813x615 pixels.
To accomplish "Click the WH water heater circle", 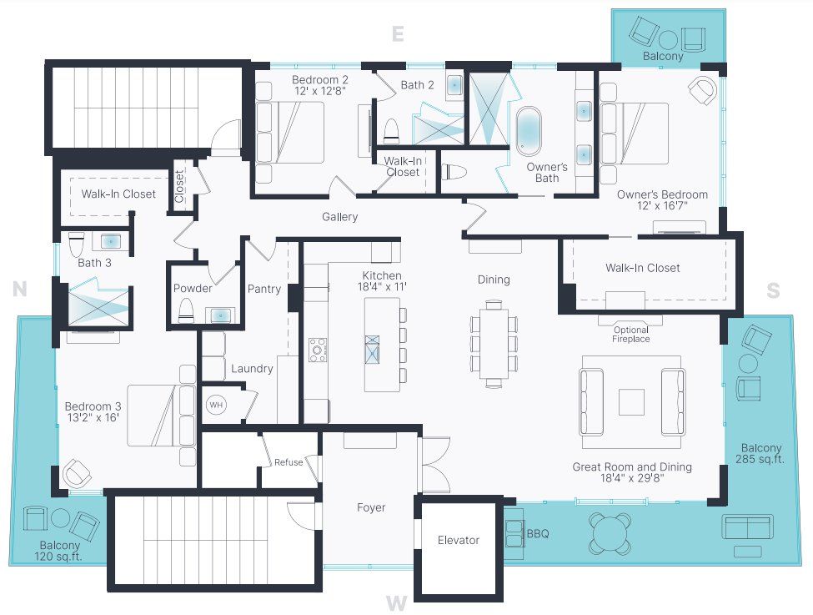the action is point(216,405).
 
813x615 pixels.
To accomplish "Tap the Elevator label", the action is point(459,540).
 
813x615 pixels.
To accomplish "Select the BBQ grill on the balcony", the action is point(514,534).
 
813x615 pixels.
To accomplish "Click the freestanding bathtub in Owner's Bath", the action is point(529,131).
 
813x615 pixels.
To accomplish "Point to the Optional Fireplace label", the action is point(630,335).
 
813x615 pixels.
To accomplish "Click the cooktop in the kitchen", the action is point(318,350).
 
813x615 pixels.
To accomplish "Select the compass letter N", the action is point(20,289).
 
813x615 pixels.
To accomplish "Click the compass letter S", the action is point(773,290).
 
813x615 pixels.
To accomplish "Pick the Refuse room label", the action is point(289,462).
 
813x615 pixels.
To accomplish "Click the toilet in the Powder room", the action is point(186,310).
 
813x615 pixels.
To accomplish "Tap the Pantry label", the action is point(264,289).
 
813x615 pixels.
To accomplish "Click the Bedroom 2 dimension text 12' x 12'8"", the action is point(319,90).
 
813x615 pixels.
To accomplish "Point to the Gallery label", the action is point(339,217).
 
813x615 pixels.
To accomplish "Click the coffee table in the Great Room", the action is point(631,402).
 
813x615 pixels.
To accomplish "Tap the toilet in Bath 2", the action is point(391,130).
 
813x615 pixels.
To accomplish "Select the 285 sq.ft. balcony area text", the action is point(760,459).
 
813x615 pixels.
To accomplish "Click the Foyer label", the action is point(371,507).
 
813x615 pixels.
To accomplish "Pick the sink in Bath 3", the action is point(111,241).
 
